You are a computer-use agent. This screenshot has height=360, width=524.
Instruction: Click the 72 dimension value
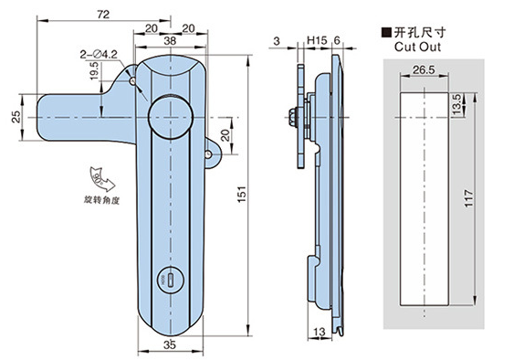click(103, 15)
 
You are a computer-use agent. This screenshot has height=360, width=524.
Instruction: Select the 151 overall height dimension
click(242, 194)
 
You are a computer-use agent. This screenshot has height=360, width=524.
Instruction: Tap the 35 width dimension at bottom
click(170, 344)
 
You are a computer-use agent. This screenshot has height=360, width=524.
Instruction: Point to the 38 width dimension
click(170, 41)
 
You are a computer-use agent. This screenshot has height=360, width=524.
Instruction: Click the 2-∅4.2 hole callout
click(99, 54)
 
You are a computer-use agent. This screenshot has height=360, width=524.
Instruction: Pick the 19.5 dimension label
click(94, 70)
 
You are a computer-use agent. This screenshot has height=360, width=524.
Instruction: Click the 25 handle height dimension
click(16, 117)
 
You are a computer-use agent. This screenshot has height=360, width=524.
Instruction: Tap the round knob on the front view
click(171, 117)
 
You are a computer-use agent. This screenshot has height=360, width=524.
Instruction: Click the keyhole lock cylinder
click(170, 280)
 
